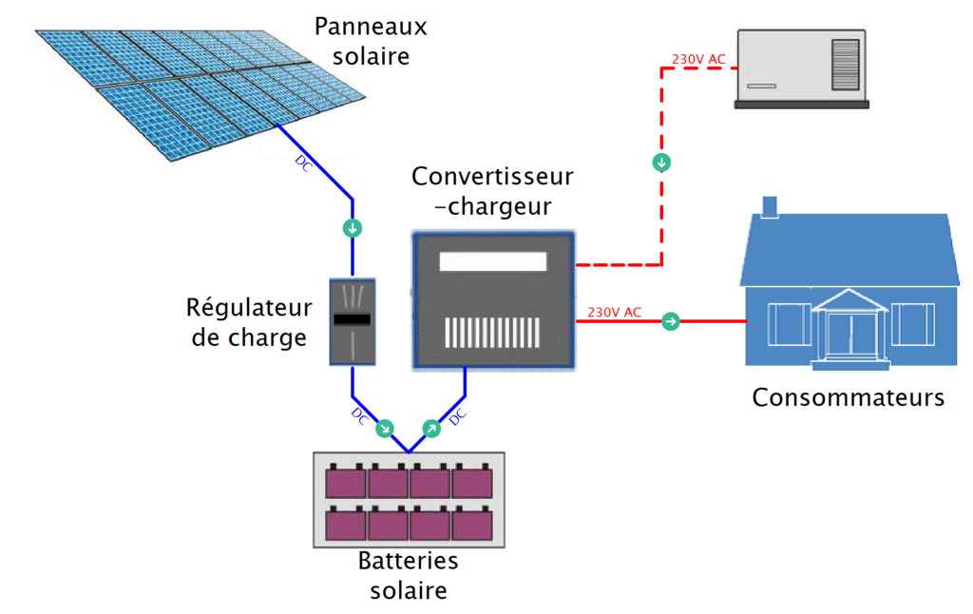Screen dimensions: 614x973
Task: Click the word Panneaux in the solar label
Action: pyautogui.click(x=371, y=27)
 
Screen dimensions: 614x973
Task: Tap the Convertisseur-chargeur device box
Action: pyautogui.click(x=494, y=299)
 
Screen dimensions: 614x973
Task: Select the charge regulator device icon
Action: pyautogui.click(x=353, y=321)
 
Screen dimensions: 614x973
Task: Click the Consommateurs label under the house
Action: pyautogui.click(x=848, y=397)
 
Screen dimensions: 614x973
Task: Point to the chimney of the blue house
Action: pyautogui.click(x=770, y=206)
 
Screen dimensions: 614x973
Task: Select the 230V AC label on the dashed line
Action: pyautogui.click(x=698, y=59)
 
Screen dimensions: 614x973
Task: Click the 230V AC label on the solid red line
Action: pyautogui.click(x=615, y=312)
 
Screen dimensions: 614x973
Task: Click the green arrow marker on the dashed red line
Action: pyautogui.click(x=662, y=163)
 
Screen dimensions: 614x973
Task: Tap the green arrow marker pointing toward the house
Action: pyautogui.click(x=671, y=321)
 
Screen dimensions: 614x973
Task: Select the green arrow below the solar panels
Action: pyautogui.click(x=353, y=228)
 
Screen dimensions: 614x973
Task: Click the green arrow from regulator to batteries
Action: pyautogui.click(x=385, y=428)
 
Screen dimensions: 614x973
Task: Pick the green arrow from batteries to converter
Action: pyautogui.click(x=430, y=428)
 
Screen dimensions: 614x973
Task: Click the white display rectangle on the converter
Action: pyautogui.click(x=493, y=262)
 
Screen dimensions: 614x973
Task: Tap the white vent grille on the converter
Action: pyautogui.click(x=493, y=331)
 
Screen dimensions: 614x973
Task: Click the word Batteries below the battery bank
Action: pyautogui.click(x=408, y=561)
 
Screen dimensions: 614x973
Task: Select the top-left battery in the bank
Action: pyautogui.click(x=346, y=481)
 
